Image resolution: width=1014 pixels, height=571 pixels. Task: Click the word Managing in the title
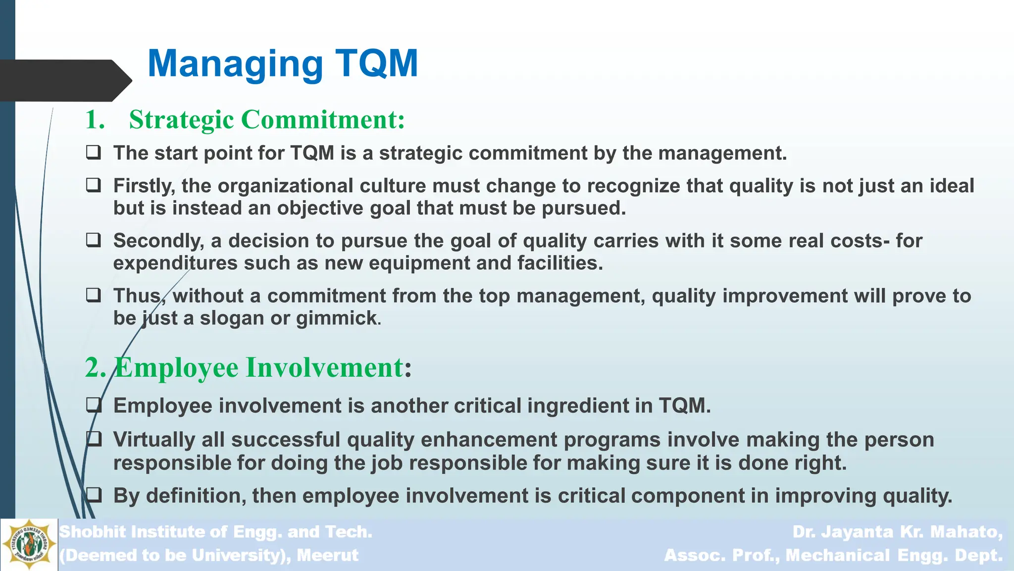pos(235,64)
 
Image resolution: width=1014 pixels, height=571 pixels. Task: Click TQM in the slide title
pos(377,63)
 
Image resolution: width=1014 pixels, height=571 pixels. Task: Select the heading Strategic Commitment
pos(267,120)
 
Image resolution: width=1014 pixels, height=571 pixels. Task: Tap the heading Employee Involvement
pos(258,368)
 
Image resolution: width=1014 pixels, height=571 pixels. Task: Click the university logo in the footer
pos(29,545)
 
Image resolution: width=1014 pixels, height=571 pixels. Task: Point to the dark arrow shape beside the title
pos(64,80)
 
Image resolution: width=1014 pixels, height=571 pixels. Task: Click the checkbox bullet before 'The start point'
pos(94,152)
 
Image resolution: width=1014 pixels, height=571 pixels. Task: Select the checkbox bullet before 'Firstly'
pos(94,185)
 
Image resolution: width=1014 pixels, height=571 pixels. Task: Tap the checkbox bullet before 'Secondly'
pos(94,240)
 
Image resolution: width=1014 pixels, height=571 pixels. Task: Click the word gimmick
pos(337,318)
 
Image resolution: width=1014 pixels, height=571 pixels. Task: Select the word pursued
pos(584,208)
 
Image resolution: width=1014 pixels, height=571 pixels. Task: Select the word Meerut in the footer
pos(327,555)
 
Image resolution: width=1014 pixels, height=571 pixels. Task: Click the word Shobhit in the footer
pos(93,532)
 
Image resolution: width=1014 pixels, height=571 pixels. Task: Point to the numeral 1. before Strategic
pos(95,120)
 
